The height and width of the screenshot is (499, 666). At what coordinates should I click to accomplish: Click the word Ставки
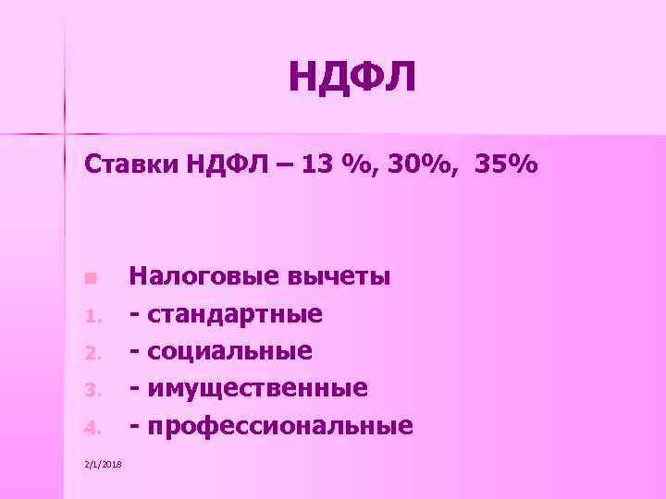click(x=131, y=166)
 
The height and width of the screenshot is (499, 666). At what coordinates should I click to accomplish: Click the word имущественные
click(x=255, y=388)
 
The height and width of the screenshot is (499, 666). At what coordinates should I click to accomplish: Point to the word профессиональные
click(x=278, y=426)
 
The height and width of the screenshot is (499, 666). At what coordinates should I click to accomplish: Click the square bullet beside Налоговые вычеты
click(x=89, y=278)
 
